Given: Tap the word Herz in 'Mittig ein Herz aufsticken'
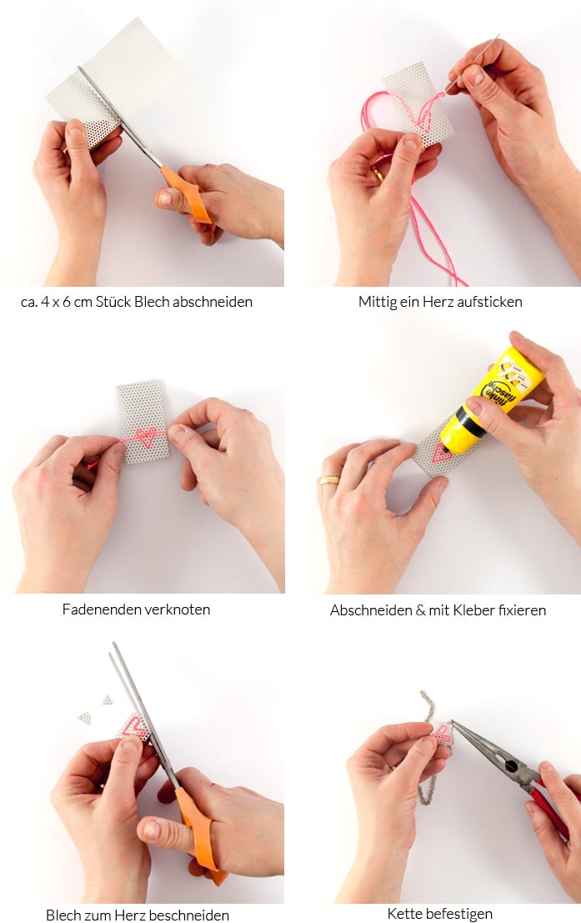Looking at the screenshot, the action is pos(439,302).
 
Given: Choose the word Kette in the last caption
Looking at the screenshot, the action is pos(404,914).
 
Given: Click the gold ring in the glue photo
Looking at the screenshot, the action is pos(329,479).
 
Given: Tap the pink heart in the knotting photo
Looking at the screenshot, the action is pos(145,438).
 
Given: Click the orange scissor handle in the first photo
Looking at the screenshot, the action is pos(186,193).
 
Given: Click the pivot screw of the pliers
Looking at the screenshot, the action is pos(511,765).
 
